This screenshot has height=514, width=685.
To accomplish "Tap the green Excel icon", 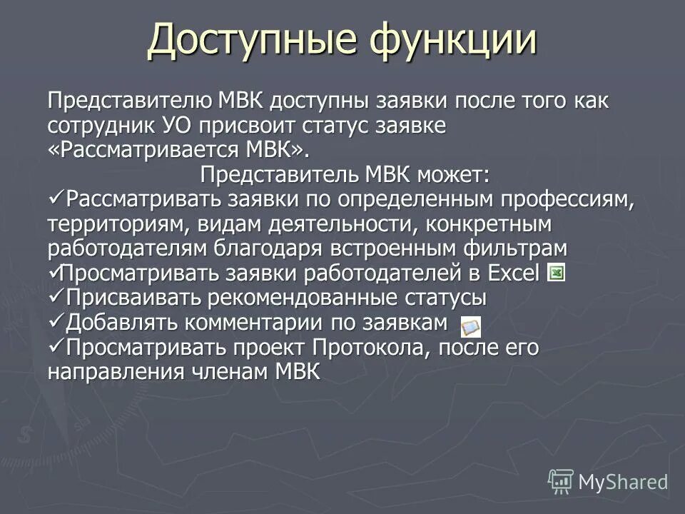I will pos(557,273).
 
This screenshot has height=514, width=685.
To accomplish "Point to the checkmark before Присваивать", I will pos(57,296).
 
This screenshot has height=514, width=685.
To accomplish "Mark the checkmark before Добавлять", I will pos(57,321).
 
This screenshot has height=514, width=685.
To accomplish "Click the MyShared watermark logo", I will pos(608,480).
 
